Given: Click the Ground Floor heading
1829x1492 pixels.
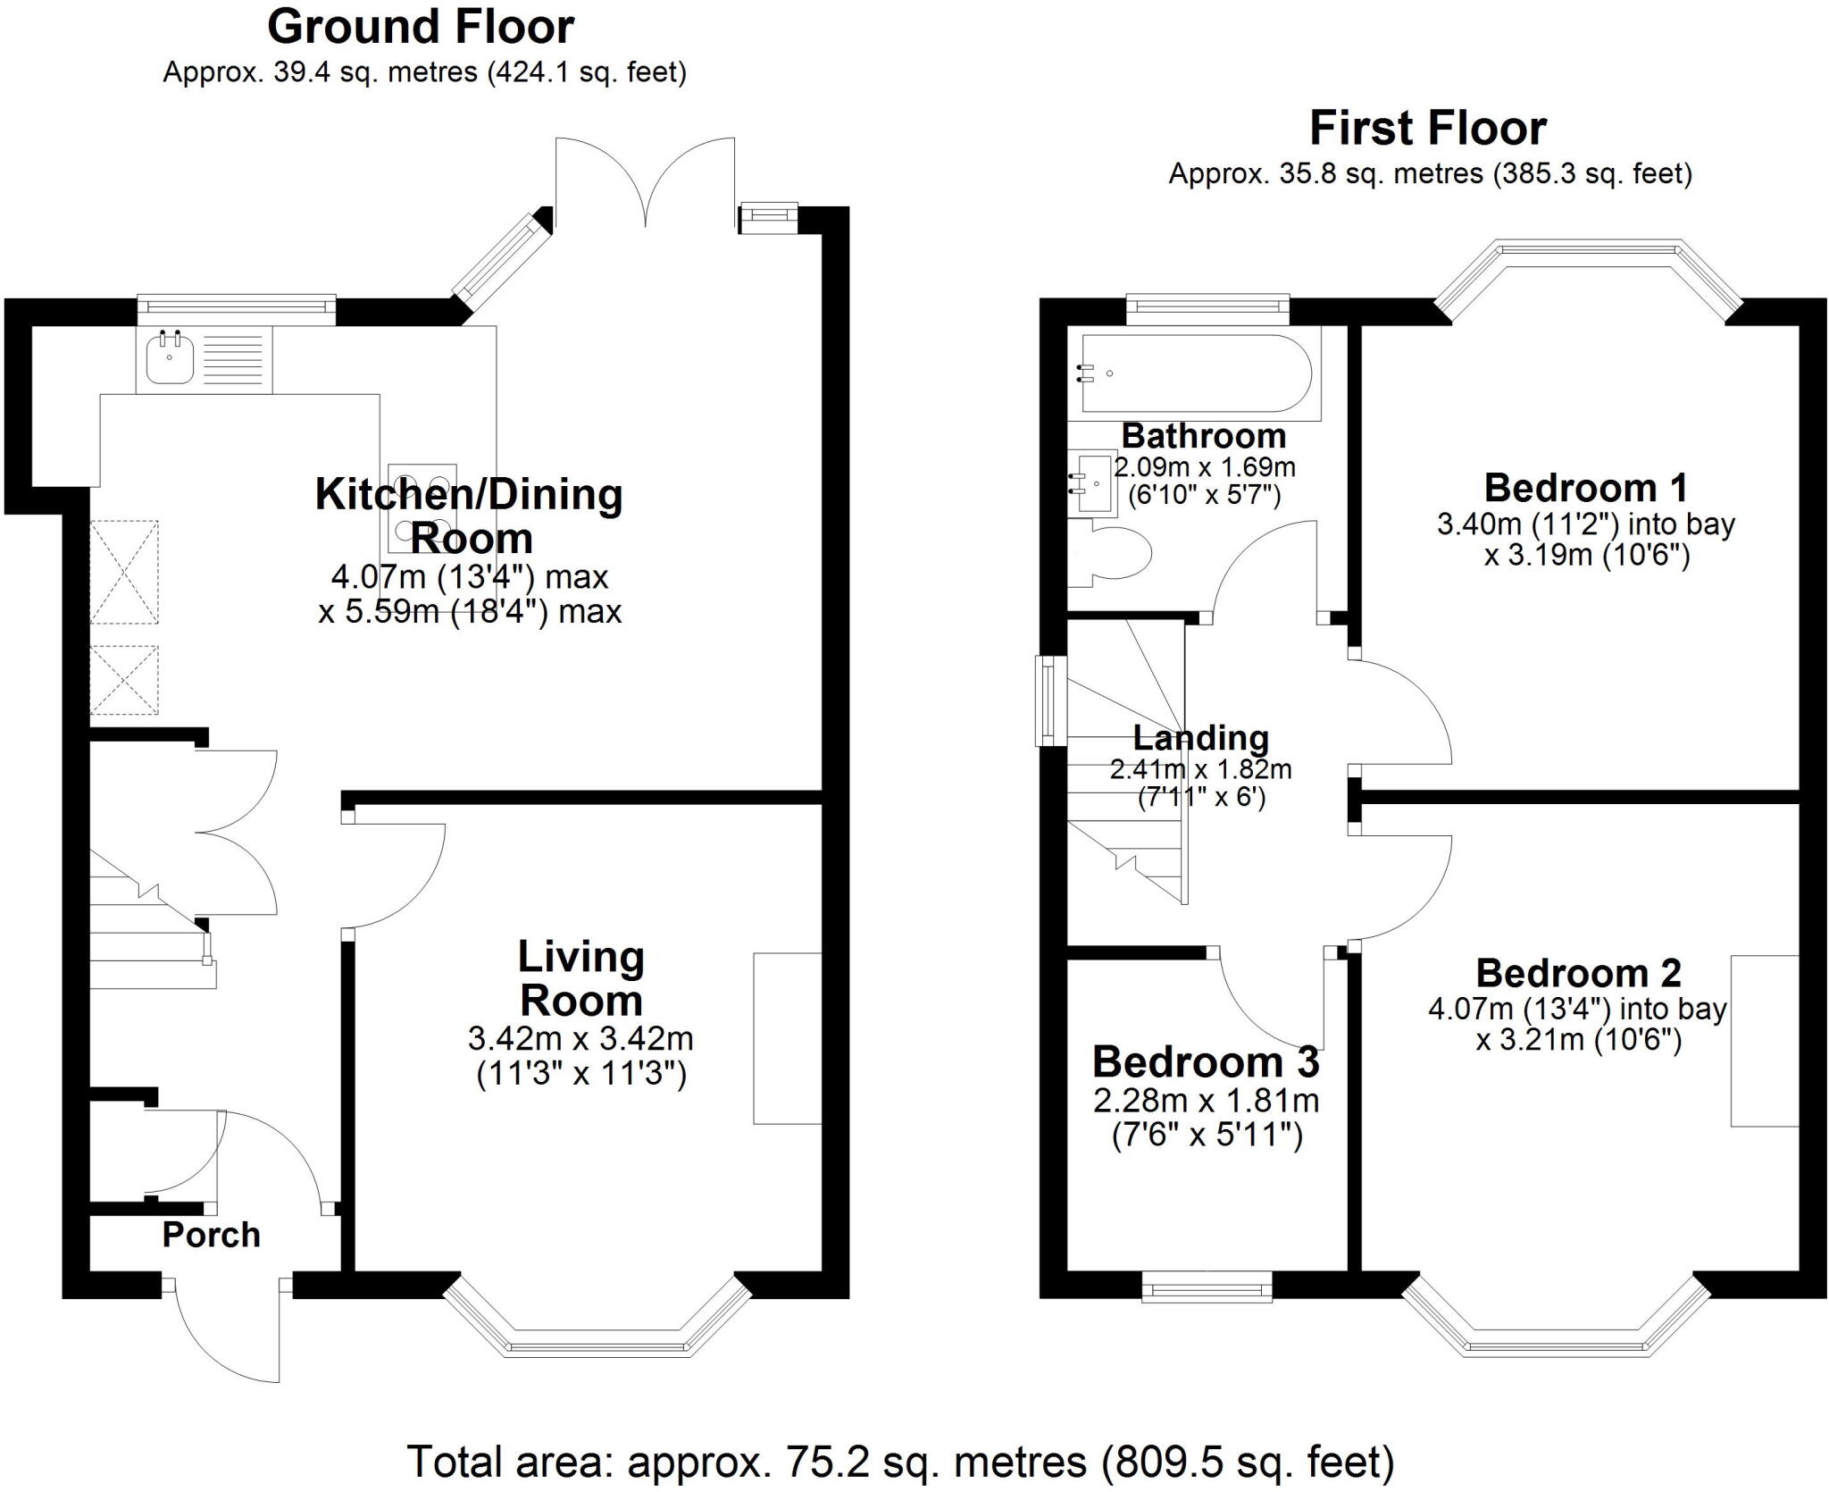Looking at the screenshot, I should (420, 28).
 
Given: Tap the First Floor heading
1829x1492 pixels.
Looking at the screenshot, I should (1427, 129).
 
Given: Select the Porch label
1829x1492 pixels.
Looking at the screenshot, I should (211, 1235).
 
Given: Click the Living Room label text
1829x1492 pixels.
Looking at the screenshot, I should (580, 978).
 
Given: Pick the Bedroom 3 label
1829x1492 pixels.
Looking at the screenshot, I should (1205, 1062).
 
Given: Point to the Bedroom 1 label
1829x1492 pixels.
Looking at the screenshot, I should (1585, 488).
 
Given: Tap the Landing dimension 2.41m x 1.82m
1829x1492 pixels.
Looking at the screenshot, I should (1200, 768).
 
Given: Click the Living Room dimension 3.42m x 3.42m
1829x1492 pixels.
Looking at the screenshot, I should (580, 1038).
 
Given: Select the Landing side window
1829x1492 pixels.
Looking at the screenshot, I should (1050, 700).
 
